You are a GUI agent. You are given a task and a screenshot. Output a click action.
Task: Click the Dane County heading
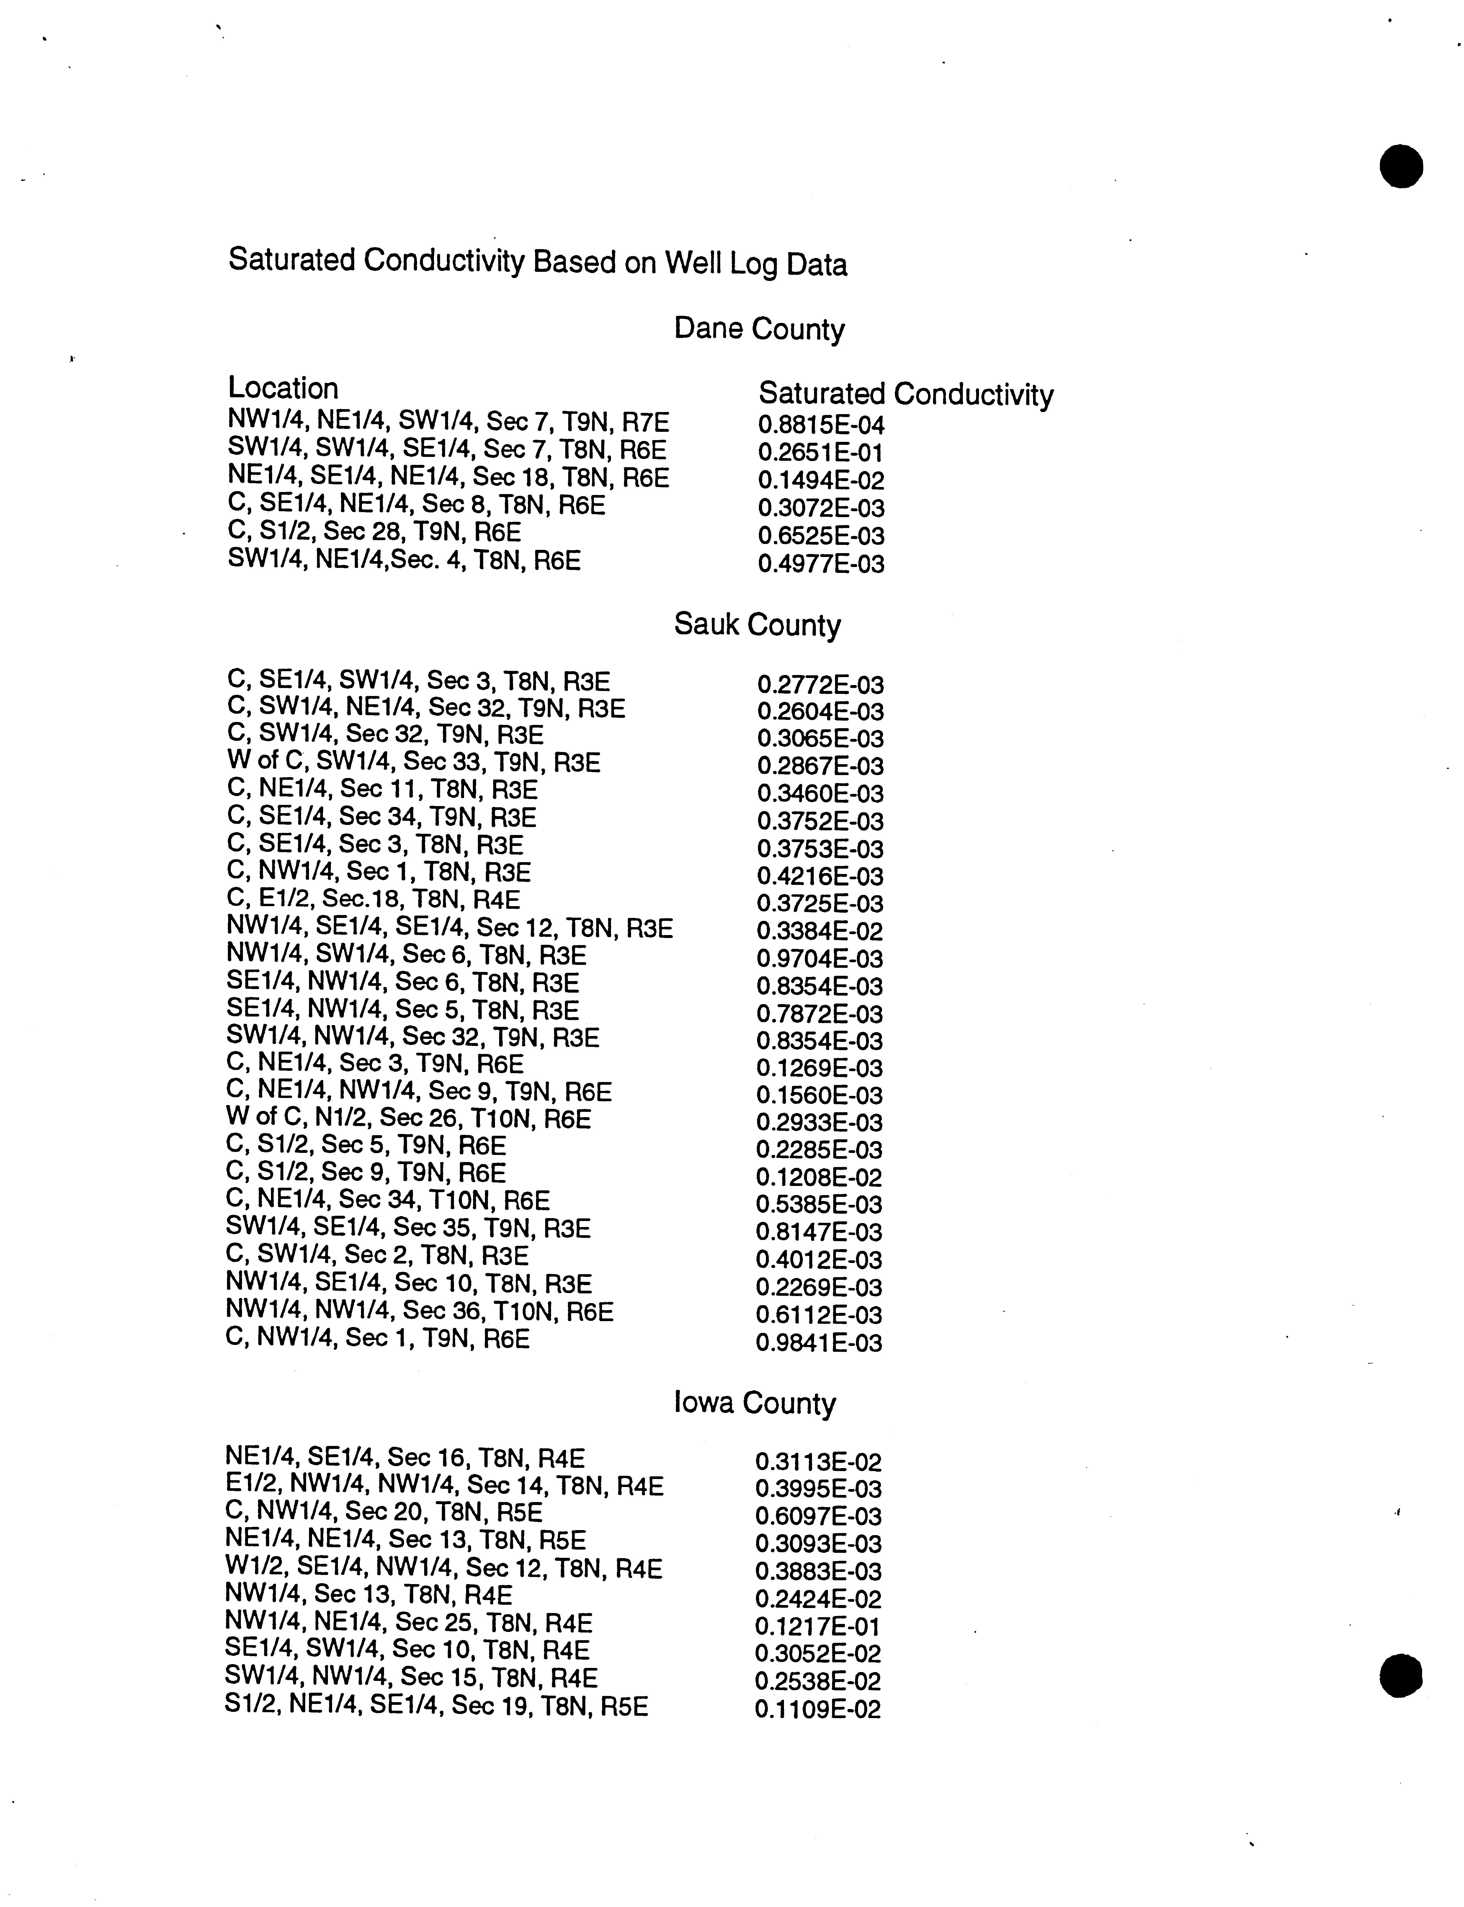pyautogui.click(x=759, y=329)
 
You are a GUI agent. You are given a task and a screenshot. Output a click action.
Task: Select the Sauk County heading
pyautogui.click(x=757, y=625)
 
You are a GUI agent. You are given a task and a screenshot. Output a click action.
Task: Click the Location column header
pyautogui.click(x=283, y=388)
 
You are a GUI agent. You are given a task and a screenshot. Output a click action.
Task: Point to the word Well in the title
pyautogui.click(x=693, y=263)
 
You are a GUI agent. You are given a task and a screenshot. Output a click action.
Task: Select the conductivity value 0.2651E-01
pyautogui.click(x=821, y=453)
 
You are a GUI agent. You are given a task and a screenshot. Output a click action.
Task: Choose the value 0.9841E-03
pyautogui.click(x=819, y=1342)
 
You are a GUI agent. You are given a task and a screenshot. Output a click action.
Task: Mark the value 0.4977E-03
pyautogui.click(x=821, y=564)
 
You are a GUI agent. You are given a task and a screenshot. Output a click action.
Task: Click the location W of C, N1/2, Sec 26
pyautogui.click(x=408, y=1119)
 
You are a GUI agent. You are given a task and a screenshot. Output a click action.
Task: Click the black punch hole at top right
pyautogui.click(x=1401, y=166)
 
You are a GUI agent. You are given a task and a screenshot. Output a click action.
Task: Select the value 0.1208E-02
pyautogui.click(x=819, y=1177)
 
